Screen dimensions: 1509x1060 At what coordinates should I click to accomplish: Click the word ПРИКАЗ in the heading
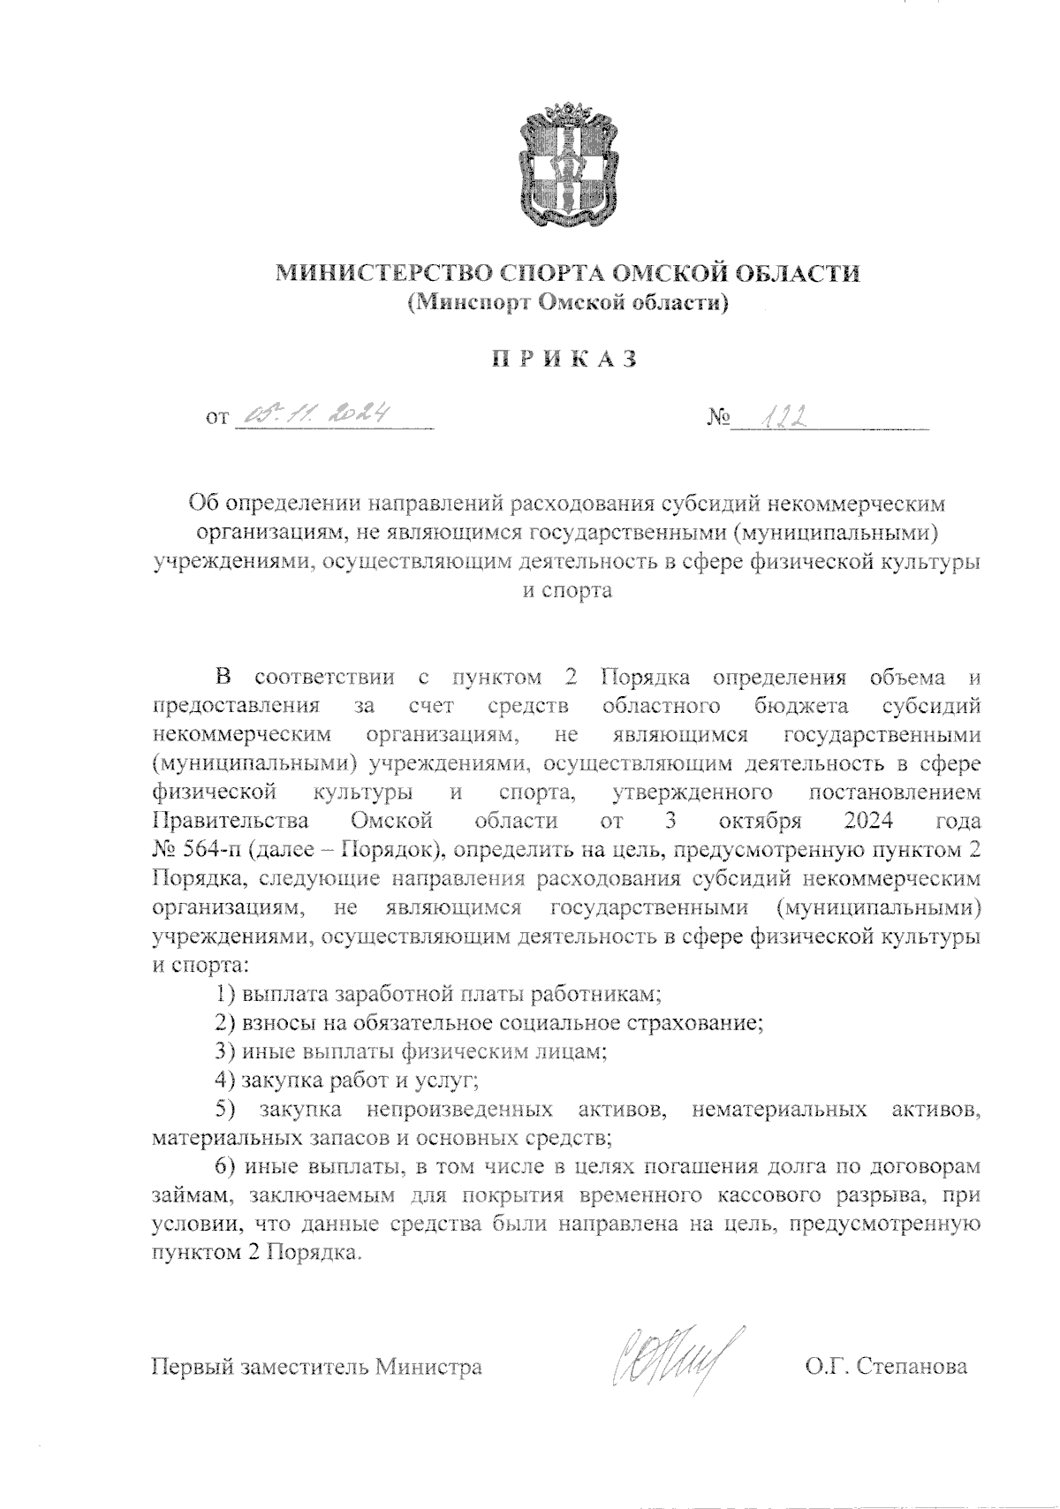[564, 360]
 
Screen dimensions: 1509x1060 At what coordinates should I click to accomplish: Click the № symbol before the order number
[717, 415]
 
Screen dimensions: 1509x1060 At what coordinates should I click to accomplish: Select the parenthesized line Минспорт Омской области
[566, 303]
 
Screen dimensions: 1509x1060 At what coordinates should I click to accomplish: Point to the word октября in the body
[761, 821]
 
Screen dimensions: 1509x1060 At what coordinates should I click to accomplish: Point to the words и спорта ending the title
[565, 590]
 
